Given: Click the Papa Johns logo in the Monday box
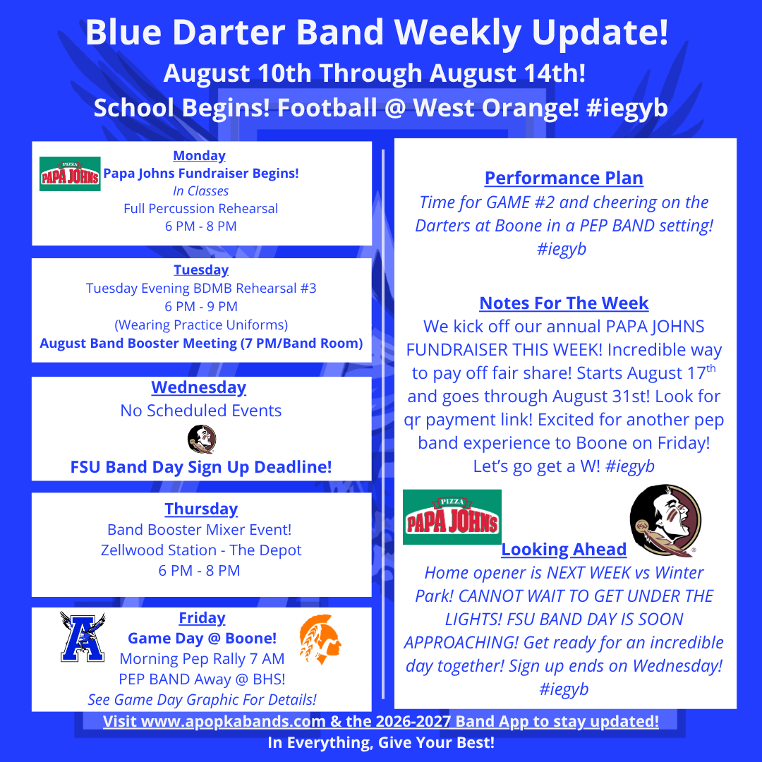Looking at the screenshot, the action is tap(70, 174).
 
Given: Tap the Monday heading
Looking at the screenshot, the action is tap(199, 155).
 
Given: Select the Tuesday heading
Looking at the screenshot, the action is tap(201, 270).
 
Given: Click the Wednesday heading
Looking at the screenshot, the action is tap(199, 387).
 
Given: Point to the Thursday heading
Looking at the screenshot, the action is tap(201, 509).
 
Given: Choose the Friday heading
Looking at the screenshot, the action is tap(202, 617).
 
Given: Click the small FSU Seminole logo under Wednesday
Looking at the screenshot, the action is tap(202, 440).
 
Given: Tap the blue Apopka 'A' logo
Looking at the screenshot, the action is tap(83, 636).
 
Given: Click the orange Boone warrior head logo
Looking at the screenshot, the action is tap(320, 639).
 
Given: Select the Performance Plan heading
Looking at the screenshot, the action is tap(564, 178).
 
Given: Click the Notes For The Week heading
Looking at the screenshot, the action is tap(564, 303).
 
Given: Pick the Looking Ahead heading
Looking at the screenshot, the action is tap(564, 549).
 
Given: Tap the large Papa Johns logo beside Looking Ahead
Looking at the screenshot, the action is tap(452, 517).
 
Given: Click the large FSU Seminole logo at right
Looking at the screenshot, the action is tap(665, 521).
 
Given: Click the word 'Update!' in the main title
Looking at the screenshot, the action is tap(600, 32).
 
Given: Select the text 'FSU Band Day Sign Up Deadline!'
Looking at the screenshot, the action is tap(201, 467).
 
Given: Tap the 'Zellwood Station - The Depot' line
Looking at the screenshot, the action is tap(201, 550).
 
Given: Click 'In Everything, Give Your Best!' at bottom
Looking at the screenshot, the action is tap(381, 742).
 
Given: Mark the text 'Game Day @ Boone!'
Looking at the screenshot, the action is tap(202, 638).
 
